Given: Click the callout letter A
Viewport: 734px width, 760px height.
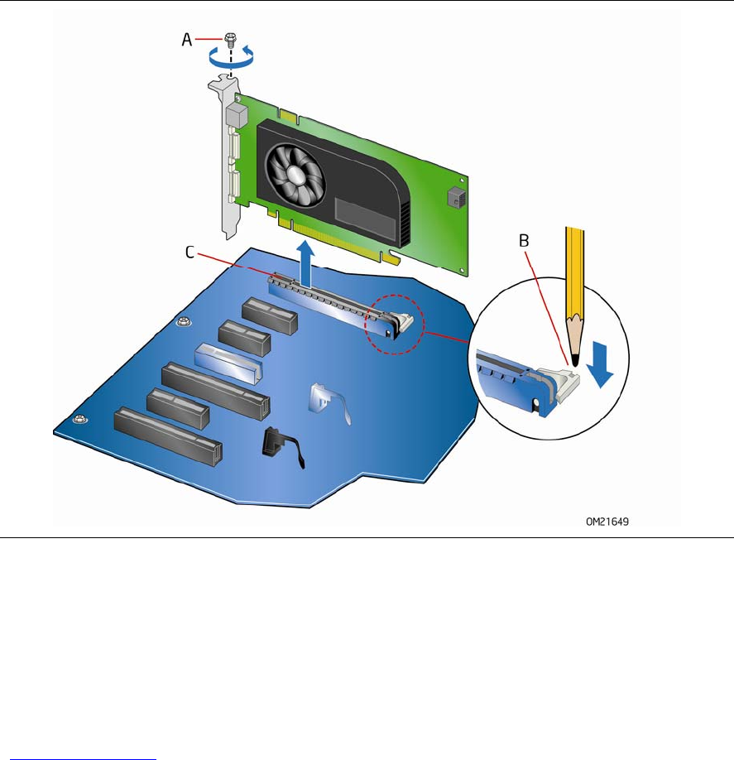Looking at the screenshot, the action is click(186, 39).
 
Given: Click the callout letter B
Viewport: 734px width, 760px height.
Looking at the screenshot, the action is click(524, 240).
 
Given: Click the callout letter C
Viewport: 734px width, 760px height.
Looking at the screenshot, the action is click(189, 252).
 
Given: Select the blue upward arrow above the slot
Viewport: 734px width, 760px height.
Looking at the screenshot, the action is click(305, 263).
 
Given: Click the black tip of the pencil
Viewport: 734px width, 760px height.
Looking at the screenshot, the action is click(575, 360).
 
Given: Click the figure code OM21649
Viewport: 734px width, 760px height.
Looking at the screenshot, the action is click(607, 522).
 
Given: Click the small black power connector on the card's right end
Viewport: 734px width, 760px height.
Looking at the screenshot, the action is click(457, 197).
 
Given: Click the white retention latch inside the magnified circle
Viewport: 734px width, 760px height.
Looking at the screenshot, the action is click(564, 383).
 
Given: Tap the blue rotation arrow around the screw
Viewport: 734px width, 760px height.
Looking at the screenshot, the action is click(231, 59).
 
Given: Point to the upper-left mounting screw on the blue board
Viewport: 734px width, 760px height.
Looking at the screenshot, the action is click(183, 321).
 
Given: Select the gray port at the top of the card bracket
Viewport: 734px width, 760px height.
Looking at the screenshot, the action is click(237, 117).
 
